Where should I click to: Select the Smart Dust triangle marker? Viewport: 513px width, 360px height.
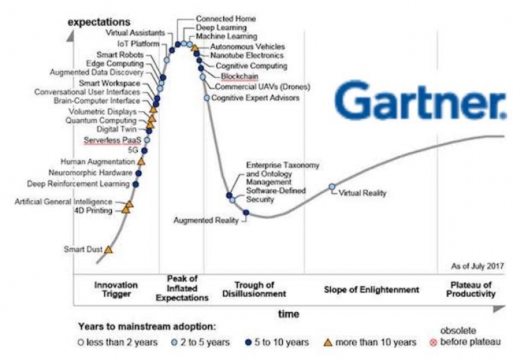(108, 249)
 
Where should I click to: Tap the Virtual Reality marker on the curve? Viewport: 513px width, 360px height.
(332, 186)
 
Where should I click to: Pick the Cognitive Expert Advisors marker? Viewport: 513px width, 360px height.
(206, 98)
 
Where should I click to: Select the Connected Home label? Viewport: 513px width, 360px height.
(225, 18)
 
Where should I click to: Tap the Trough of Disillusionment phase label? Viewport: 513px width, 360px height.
(254, 289)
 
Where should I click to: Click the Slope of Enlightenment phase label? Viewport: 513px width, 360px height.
(371, 289)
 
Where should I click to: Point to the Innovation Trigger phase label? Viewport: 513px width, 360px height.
(116, 289)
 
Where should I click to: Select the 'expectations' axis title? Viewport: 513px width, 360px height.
(99, 22)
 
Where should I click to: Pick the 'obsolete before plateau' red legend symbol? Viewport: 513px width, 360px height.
(434, 342)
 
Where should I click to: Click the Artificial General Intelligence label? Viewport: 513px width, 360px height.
(63, 202)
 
